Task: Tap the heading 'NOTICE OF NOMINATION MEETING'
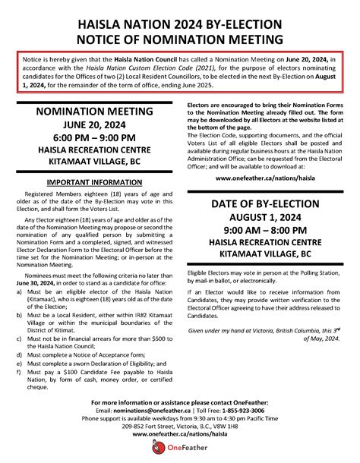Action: (x=180, y=38)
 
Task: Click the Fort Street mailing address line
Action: (x=180, y=425)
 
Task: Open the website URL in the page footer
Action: (x=180, y=433)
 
